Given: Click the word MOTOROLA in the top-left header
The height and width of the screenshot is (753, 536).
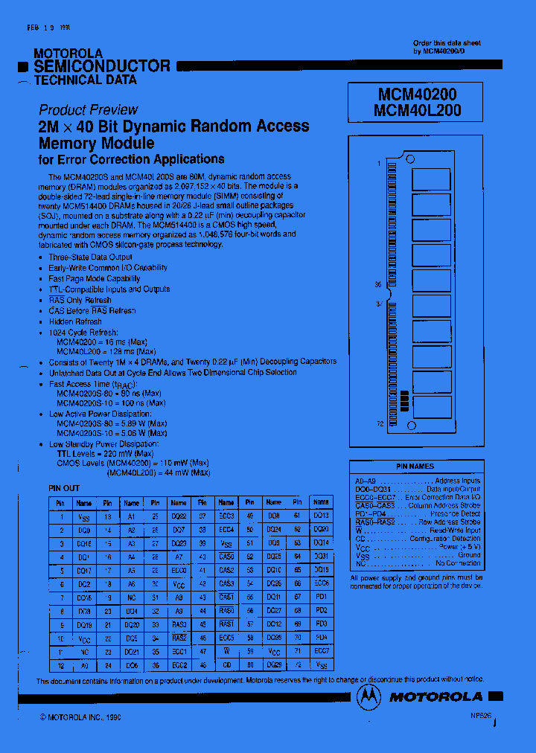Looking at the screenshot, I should click(x=68, y=54).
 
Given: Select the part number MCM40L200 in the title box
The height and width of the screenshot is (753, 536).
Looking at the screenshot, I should click(x=419, y=110).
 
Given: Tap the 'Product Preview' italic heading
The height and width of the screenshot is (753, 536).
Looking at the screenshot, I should click(x=88, y=109).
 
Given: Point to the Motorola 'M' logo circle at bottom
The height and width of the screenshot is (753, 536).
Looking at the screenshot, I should click(x=368, y=696).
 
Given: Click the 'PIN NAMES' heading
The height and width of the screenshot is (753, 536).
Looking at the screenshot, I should click(x=415, y=467).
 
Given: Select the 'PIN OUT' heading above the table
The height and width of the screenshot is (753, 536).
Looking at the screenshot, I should click(x=63, y=488).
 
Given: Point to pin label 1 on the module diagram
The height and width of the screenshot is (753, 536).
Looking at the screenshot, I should click(x=378, y=163).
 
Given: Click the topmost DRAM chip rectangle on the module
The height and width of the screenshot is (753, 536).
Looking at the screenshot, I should click(x=431, y=179).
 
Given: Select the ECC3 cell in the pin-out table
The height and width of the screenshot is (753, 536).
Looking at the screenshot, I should click(x=226, y=515).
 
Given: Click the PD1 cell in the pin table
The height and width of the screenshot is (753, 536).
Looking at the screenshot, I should click(x=321, y=596).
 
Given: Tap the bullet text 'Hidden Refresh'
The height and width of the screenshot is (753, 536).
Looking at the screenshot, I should click(x=74, y=321).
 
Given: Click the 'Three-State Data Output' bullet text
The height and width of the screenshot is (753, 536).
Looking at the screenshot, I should click(x=90, y=257).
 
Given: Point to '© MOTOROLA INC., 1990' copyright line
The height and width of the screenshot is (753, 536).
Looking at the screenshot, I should click(x=80, y=717).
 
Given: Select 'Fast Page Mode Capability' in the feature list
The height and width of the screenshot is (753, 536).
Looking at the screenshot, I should click(x=94, y=278).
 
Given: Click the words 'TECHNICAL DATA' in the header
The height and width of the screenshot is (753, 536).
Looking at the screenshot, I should click(x=85, y=80).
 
